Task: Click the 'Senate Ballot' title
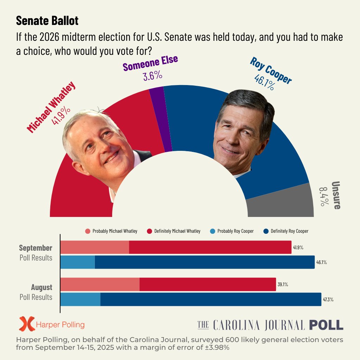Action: [47, 21]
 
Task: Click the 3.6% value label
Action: [153, 76]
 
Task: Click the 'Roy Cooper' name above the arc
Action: [271, 70]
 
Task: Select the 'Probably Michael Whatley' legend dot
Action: [88, 231]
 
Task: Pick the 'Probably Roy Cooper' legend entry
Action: [232, 231]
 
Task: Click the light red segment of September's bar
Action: [95, 247]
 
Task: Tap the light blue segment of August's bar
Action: [81, 299]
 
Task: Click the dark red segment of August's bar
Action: [207, 284]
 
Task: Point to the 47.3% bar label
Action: [328, 300]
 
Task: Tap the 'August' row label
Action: [41, 287]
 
